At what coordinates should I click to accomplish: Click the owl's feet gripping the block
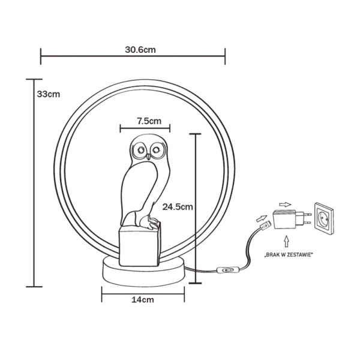[x=147, y=224]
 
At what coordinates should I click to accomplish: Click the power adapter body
[x=286, y=220]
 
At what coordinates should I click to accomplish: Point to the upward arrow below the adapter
[x=287, y=239]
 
